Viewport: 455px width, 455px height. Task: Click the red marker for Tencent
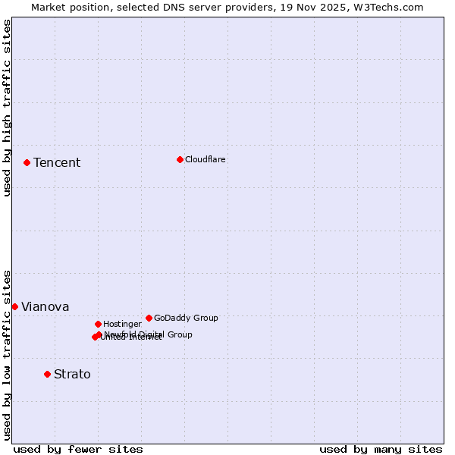[27, 162]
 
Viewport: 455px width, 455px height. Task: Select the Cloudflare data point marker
[180, 159]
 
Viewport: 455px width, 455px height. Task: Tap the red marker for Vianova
[14, 306]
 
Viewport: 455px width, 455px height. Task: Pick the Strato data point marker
[47, 374]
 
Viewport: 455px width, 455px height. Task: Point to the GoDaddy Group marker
[149, 318]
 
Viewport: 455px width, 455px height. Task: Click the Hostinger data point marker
[98, 324]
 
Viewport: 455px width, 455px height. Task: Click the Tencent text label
[57, 163]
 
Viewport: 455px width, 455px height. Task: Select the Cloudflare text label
[206, 160]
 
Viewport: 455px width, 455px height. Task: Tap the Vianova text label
[45, 307]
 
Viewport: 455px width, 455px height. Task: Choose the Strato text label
[72, 375]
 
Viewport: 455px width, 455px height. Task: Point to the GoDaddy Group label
[186, 318]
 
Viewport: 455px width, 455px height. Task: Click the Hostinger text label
[122, 325]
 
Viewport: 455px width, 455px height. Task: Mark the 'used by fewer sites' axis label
[78, 449]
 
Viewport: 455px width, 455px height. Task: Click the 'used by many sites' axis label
[381, 449]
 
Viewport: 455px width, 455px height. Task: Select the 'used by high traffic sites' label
[7, 108]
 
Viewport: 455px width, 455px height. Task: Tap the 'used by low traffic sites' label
[7, 355]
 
